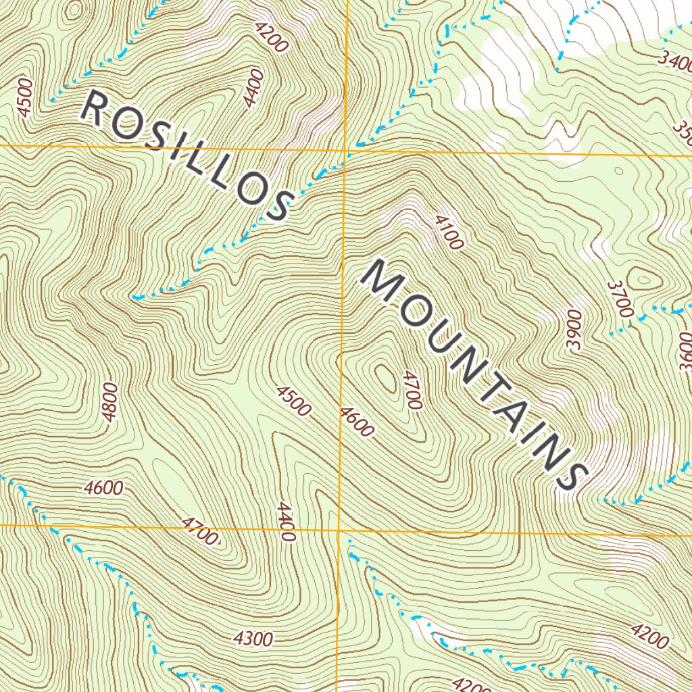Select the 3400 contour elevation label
tap(676, 64)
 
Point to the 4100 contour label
tap(448, 232)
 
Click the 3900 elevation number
tap(574, 330)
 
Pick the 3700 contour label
tap(620, 299)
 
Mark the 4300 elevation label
tap(252, 639)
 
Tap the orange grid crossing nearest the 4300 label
tap(338, 528)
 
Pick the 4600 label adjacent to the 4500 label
tap(357, 422)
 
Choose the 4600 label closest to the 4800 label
tap(104, 488)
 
